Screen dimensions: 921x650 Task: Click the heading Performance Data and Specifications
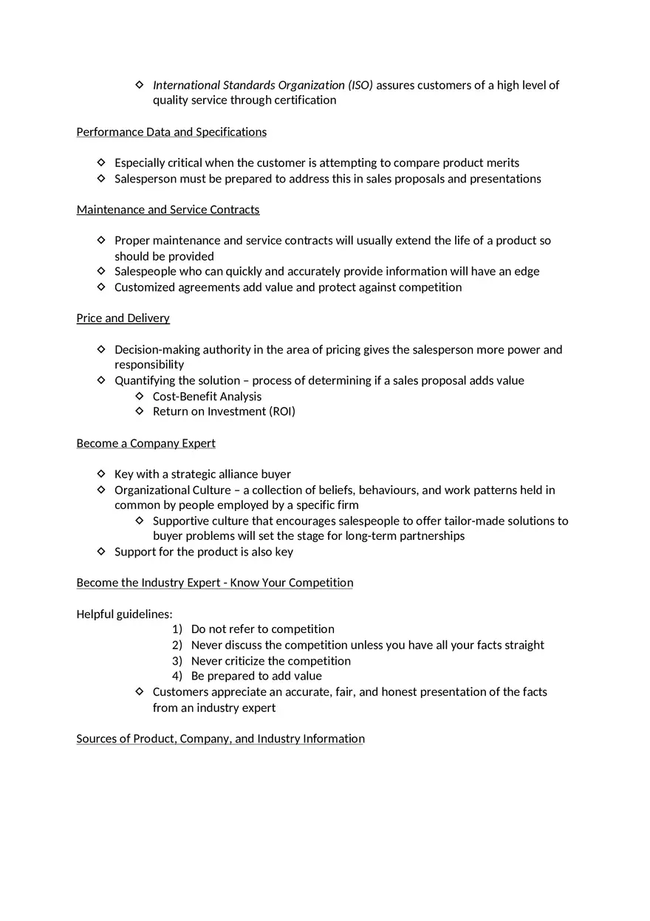click(171, 132)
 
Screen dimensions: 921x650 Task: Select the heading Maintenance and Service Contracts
click(168, 210)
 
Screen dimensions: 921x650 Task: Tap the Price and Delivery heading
click(123, 318)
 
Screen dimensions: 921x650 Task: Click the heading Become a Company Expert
click(146, 443)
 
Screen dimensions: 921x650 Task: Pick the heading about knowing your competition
click(214, 583)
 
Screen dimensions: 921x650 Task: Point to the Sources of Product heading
click(220, 739)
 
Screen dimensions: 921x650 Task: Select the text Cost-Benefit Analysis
click(207, 397)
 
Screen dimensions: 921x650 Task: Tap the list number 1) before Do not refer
click(177, 629)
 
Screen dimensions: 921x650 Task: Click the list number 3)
click(177, 661)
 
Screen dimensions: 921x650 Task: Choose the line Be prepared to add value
click(256, 676)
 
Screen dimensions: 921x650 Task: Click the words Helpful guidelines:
click(124, 614)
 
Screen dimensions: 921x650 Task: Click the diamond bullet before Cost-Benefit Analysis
click(140, 396)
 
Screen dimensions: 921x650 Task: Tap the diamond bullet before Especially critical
click(101, 162)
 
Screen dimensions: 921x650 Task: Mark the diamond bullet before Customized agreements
click(101, 287)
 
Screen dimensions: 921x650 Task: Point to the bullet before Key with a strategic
click(101, 473)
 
